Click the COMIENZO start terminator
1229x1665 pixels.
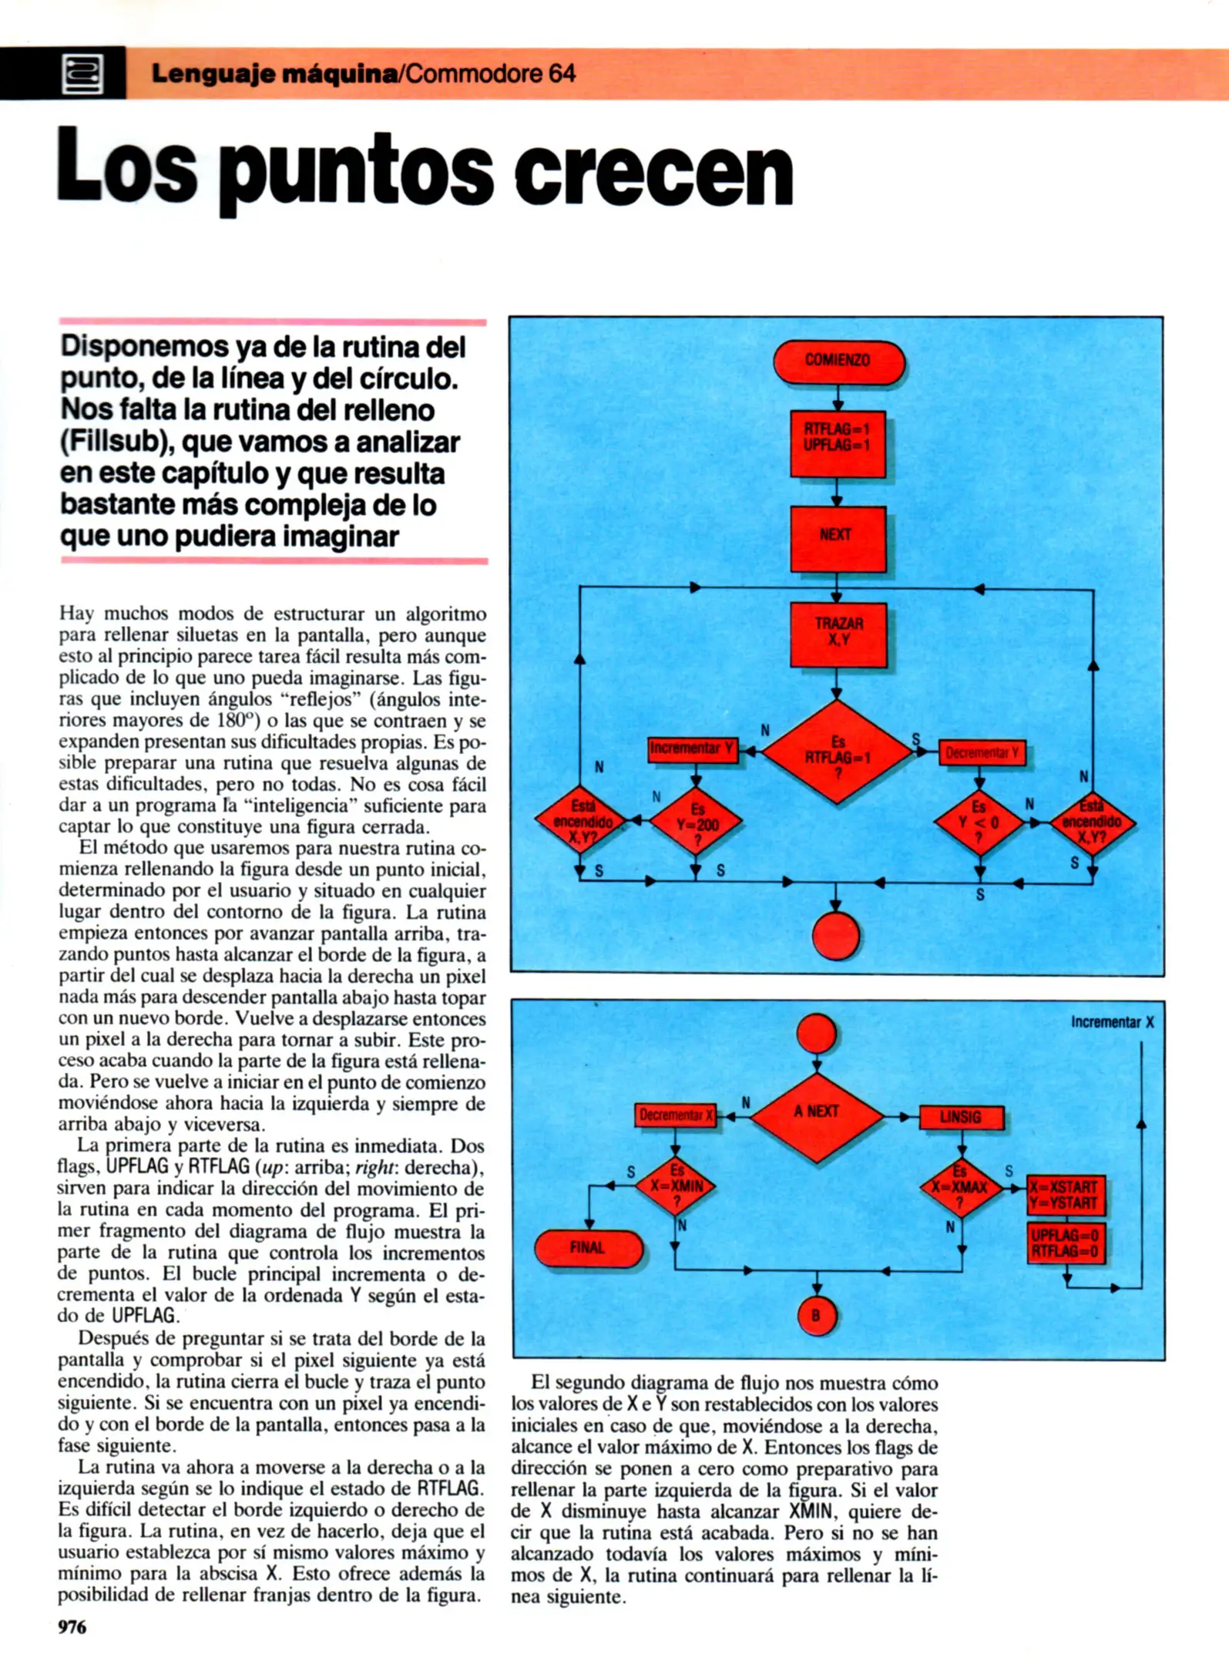pos(838,362)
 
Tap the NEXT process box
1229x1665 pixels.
pos(838,537)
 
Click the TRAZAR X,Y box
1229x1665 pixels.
pos(838,633)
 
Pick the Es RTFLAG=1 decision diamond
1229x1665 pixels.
pos(838,752)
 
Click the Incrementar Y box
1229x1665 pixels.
pos(693,748)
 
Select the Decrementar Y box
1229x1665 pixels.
pos(982,753)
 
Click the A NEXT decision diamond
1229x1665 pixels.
pos(817,1115)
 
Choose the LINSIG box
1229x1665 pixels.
pos(961,1117)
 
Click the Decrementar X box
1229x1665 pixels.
pos(676,1115)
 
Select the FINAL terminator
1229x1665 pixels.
pos(588,1248)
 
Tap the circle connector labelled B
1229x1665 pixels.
pos(816,1316)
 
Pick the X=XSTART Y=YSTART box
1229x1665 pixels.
pos(1065,1195)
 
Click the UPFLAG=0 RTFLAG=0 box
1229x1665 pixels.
pos(1065,1243)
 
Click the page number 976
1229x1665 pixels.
pos(73,1627)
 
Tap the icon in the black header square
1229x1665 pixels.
pos(82,74)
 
